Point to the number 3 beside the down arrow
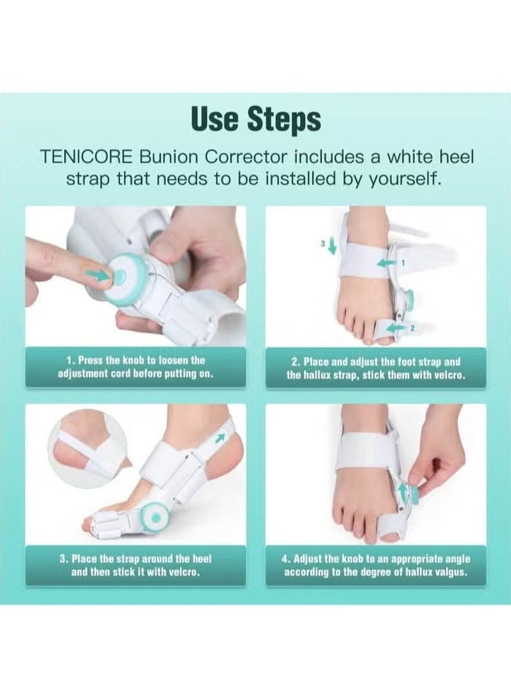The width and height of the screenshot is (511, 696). coord(324,243)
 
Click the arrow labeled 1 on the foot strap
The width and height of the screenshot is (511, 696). coord(385,263)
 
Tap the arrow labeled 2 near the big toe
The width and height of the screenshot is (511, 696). coord(398,328)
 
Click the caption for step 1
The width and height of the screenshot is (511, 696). coord(135,367)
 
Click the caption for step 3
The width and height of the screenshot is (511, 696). coord(135,565)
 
